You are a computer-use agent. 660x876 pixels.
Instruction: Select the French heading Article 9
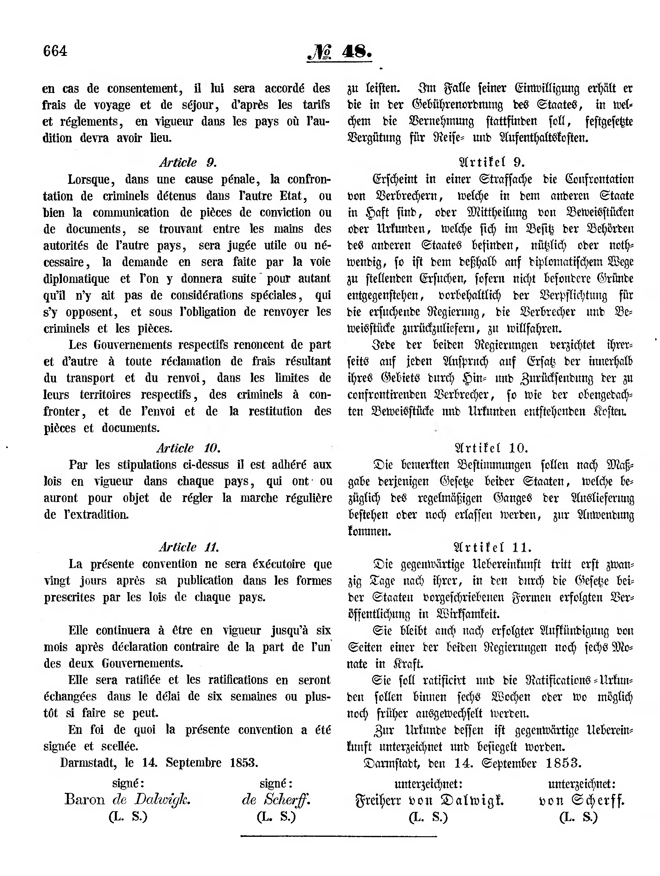tap(188, 162)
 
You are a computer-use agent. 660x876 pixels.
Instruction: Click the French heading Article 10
tap(188, 448)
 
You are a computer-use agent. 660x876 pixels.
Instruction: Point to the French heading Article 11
tap(188, 547)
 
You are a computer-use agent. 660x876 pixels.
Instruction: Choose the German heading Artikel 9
tap(491, 162)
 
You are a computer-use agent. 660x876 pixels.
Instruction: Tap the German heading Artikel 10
tap(491, 448)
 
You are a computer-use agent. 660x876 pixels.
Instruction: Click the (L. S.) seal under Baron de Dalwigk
tap(128, 817)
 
